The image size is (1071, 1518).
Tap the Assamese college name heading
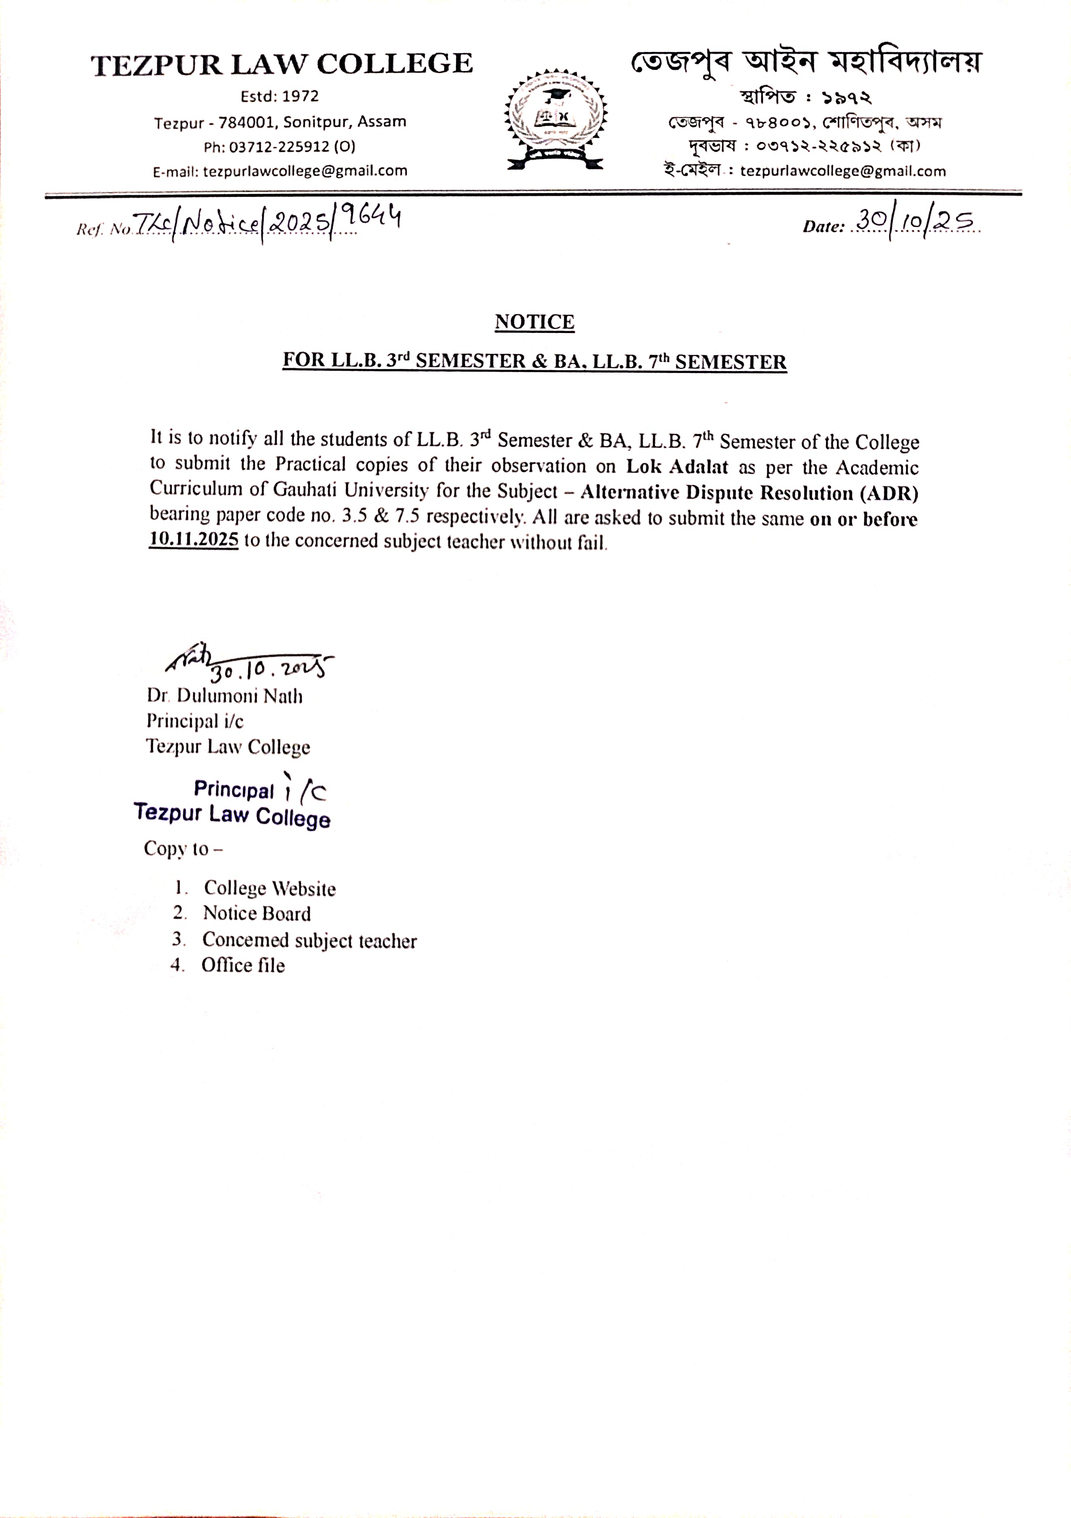(805, 63)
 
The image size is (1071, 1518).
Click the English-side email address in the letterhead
(305, 171)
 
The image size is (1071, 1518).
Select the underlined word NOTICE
(534, 322)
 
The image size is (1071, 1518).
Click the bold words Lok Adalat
(677, 467)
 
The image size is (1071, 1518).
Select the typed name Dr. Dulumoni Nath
(225, 696)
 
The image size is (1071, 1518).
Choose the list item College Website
(269, 888)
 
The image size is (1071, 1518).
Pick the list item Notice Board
(256, 914)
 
